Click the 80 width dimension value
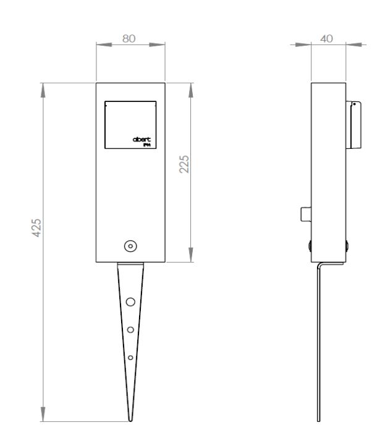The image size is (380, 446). coord(130,38)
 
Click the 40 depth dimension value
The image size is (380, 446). coord(328,38)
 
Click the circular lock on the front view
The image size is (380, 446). coord(130,246)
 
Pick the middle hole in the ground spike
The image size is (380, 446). coord(130,330)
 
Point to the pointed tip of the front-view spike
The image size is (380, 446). coord(130,420)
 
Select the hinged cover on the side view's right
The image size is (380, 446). coord(355,125)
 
